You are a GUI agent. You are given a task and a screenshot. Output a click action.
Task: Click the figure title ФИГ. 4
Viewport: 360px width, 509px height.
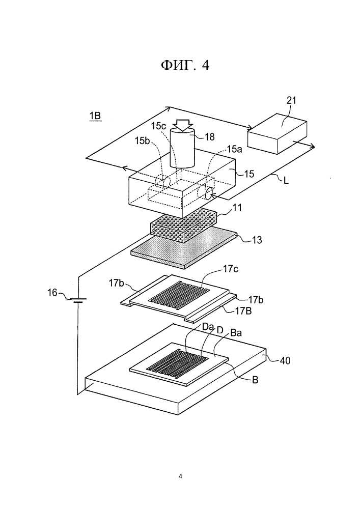185,65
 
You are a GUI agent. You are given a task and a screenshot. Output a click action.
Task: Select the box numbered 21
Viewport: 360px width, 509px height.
277,133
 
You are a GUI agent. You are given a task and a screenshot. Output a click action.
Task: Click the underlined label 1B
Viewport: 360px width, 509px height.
95,116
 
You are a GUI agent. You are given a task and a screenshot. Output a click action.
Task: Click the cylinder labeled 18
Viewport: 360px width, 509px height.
183,148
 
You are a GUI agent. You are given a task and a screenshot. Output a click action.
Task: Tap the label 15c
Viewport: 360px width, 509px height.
158,126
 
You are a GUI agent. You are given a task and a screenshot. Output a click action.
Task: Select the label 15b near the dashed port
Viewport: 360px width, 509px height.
142,140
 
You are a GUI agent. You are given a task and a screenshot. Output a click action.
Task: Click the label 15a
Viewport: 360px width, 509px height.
234,149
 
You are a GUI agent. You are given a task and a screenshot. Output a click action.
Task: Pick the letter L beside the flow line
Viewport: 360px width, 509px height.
286,181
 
